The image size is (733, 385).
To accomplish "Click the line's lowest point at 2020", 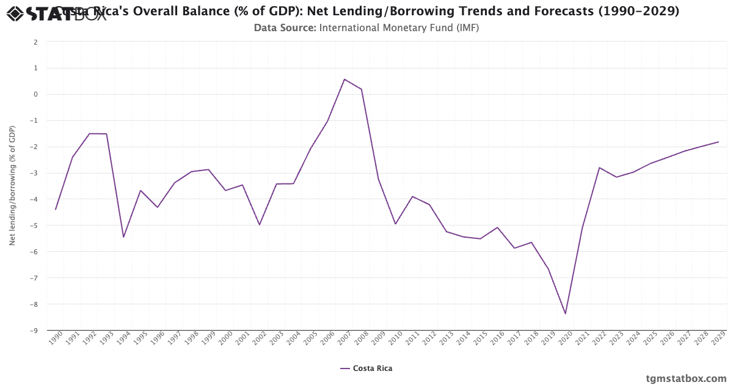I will (x=566, y=314).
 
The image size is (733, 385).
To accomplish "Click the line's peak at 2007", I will (x=345, y=79).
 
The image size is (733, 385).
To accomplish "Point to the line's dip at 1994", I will (x=123, y=237).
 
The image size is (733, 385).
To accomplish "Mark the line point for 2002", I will (x=260, y=225).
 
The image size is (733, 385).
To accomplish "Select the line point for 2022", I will (x=599, y=167).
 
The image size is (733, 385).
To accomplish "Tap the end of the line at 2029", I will (x=718, y=142).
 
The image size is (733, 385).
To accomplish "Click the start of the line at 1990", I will (x=56, y=210).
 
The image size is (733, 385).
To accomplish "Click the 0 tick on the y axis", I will (x=36, y=94).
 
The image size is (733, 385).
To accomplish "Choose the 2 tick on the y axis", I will (x=36, y=42).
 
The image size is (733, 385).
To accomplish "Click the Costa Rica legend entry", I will (x=366, y=369).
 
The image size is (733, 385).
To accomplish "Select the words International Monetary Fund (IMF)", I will (x=399, y=28).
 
